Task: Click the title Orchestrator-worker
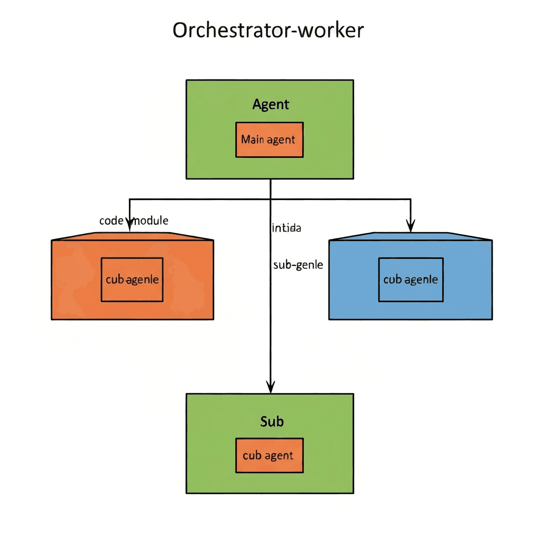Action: click(268, 31)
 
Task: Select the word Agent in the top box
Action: click(271, 104)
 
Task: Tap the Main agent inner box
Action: click(269, 140)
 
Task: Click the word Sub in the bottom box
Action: click(272, 421)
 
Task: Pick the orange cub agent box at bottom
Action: click(269, 455)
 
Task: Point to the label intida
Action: click(286, 228)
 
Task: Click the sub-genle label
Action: click(298, 265)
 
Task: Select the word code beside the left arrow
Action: click(111, 221)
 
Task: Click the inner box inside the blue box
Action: click(411, 280)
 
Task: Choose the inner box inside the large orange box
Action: click(132, 280)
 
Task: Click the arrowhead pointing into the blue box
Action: click(411, 227)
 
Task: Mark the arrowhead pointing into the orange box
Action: click(129, 227)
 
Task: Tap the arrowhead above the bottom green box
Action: click(270, 388)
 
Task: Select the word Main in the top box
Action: click(253, 140)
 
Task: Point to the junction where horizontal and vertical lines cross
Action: click(270, 199)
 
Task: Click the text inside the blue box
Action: click(411, 280)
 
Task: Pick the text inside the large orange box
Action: click(132, 280)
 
